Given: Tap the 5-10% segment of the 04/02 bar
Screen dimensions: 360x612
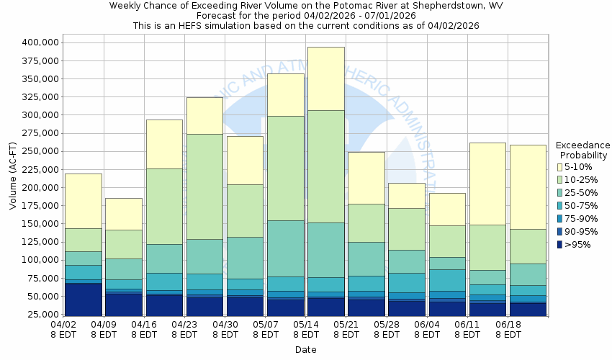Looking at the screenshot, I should point(83,201).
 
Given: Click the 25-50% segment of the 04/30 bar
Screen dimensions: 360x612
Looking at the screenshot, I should point(245,258).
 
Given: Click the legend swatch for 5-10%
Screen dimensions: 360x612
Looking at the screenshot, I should point(559,167).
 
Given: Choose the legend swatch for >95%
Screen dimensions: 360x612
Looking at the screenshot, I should point(559,245).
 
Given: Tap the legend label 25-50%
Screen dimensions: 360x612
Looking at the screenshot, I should point(582,193).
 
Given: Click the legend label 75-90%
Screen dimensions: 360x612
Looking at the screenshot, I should point(582,219).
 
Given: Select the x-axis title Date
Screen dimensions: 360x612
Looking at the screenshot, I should point(305,349).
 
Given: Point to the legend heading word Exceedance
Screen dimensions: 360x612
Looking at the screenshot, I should point(583,145).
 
